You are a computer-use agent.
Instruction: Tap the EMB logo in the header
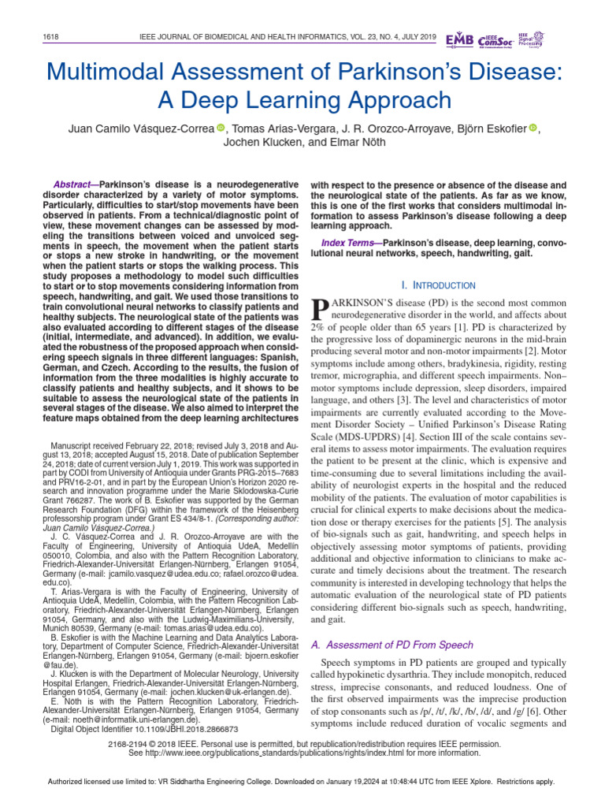(461, 39)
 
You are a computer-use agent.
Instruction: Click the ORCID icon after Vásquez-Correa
(221, 128)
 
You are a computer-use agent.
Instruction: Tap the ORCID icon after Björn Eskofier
(533, 128)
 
